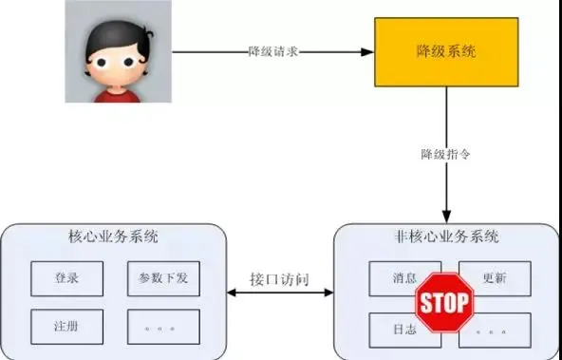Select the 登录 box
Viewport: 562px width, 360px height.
coord(67,278)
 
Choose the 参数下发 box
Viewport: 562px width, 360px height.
coord(163,278)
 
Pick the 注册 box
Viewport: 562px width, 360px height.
coord(67,327)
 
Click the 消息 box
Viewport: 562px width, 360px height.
coord(392,278)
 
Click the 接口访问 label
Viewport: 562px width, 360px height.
coord(279,282)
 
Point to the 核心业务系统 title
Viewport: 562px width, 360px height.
coord(115,237)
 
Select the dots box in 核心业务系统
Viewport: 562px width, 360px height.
coord(163,327)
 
